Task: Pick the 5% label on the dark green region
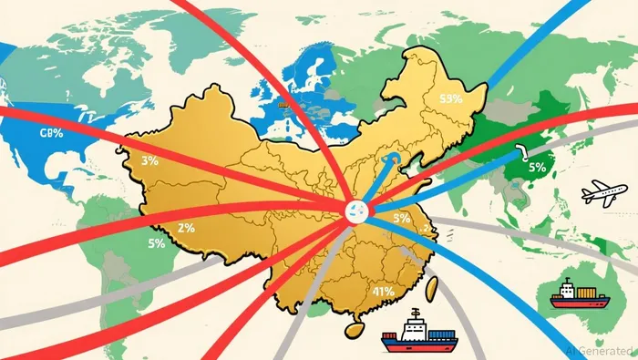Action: click(x=536, y=167)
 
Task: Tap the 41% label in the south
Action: click(x=384, y=292)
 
